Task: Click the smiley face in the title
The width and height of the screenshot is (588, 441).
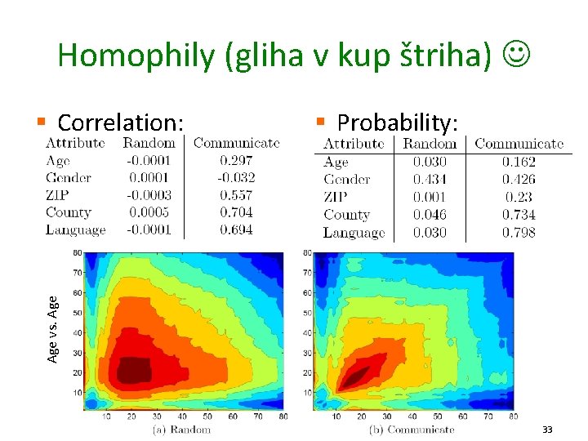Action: (516, 55)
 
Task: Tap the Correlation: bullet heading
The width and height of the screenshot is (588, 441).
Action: (119, 122)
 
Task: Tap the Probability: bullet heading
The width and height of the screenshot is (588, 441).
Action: (398, 122)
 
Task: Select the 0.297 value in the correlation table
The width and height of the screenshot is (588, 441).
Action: (236, 161)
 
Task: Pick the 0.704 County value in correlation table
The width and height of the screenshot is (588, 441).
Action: (236, 212)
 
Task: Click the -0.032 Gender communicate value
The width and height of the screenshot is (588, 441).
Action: (236, 178)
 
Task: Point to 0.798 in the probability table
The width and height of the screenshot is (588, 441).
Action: (519, 233)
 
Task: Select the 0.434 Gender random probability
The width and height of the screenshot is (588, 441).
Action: (430, 180)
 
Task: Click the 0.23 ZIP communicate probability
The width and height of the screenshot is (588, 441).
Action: (519, 197)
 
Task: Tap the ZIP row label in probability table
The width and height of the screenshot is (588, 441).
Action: (336, 197)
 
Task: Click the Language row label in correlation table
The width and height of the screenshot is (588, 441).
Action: (76, 230)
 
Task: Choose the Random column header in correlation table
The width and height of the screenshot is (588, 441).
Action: (149, 143)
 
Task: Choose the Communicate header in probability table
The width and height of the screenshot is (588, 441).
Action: (519, 144)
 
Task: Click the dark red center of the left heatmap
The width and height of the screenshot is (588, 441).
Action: (135, 370)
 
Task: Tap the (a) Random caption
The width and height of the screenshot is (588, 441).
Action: (181, 430)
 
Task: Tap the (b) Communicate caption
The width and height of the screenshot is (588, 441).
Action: (412, 430)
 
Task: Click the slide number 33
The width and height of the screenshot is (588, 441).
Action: (547, 429)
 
